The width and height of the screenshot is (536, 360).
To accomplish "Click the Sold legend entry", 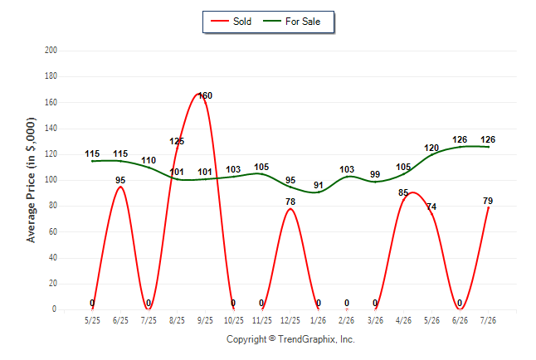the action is [x=231, y=22].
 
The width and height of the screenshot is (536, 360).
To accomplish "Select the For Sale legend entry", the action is [x=291, y=22].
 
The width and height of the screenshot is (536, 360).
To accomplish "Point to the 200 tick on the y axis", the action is [x=51, y=51].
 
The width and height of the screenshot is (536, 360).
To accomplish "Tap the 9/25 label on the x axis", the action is [x=205, y=320].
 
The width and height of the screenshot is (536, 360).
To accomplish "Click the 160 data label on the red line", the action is [x=205, y=95].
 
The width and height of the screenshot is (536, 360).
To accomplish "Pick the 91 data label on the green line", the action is [x=319, y=185].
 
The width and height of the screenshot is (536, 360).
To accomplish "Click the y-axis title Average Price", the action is [x=31, y=180].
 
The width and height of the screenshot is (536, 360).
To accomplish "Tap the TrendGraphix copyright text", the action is [x=290, y=339].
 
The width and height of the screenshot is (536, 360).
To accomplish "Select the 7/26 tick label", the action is [x=488, y=320].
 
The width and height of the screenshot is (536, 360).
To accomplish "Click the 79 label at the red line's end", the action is [x=488, y=201].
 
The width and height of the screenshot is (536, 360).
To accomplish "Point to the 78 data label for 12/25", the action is [x=290, y=202].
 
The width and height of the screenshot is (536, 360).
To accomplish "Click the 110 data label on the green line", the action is [x=149, y=160].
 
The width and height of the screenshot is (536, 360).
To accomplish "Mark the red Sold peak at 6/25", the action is [x=120, y=187].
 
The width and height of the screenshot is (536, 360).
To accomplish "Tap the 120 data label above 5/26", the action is [x=431, y=148].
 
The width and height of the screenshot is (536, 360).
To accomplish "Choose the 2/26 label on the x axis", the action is [x=347, y=320].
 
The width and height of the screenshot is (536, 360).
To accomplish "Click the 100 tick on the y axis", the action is [x=51, y=180].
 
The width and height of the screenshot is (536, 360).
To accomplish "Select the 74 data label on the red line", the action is [x=431, y=207].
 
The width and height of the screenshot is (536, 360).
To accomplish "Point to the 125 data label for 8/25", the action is [x=177, y=141].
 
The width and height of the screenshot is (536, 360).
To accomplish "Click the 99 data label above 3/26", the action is [x=375, y=174].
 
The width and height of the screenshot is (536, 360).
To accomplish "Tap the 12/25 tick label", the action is [x=290, y=320].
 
